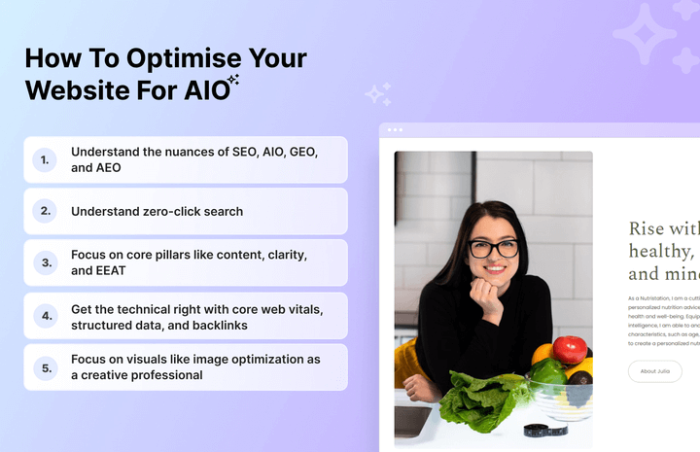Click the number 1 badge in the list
(x=45, y=159)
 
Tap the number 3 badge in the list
(x=45, y=262)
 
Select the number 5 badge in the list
(x=45, y=367)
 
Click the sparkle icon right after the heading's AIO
(x=232, y=82)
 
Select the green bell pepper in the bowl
(x=549, y=372)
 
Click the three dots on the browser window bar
(x=395, y=129)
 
